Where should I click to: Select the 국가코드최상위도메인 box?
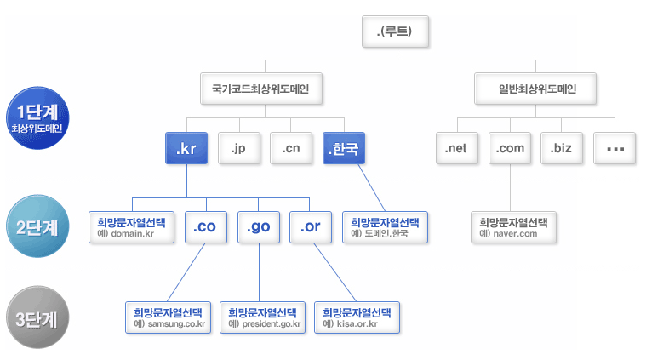point(266,88)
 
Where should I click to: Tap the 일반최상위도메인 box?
point(537,88)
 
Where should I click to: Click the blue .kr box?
point(186,149)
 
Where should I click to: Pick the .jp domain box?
point(238,149)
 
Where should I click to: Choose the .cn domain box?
point(291,149)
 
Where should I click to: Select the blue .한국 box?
point(344,149)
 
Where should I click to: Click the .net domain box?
point(457,149)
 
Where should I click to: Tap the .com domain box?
point(510,149)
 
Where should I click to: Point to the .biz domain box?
point(562,149)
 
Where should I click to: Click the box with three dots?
point(615,149)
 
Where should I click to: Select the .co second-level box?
point(205,227)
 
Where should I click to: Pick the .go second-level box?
point(258,227)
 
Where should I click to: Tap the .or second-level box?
point(311,227)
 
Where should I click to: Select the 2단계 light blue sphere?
point(37,227)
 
